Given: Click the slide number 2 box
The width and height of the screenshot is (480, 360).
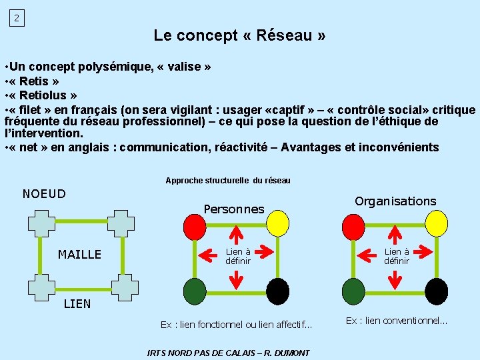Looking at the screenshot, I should coord(17,18).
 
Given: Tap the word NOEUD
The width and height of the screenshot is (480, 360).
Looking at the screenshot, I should coord(44,194).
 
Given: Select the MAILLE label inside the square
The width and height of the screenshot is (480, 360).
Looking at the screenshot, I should coord(79,254).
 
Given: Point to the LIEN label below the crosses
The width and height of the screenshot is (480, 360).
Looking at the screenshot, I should coord(77,304).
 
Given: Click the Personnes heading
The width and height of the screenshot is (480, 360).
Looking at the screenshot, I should coord(234,209).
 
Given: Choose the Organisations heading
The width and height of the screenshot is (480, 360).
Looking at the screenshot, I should coord(395,201).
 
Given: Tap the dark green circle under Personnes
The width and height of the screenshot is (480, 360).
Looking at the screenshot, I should coord(195,291).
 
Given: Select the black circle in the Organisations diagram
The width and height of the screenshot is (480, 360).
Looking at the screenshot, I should coord(436,291).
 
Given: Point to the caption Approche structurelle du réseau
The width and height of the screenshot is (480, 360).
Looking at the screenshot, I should coord(228,181).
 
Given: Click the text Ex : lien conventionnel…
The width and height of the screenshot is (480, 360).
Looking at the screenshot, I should coord(396,321).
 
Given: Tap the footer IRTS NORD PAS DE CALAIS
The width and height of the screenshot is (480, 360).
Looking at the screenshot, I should coord(228,352).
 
